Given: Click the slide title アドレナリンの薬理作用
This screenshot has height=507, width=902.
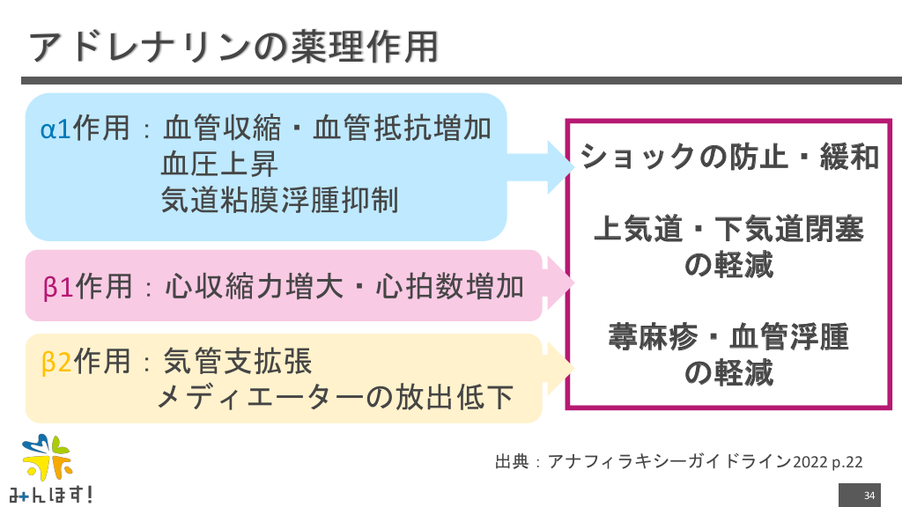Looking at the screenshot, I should pos(234,47).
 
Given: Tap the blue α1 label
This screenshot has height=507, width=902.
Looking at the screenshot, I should pos(56,129).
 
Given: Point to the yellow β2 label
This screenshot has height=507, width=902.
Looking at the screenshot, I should pos(57,361).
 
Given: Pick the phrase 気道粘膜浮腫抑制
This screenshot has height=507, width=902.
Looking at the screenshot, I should pos(280,201).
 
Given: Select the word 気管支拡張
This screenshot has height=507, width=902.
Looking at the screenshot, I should pos(238,361).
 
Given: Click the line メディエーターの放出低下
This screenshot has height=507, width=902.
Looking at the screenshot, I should pos(336,397).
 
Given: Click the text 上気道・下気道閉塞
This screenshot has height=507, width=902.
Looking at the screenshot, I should pos(729,230).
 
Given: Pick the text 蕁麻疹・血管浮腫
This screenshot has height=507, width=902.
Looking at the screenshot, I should pos(729,337).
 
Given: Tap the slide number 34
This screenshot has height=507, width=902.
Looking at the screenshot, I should pos(869,495).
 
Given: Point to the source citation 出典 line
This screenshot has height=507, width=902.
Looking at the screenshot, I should pos(678,461).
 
